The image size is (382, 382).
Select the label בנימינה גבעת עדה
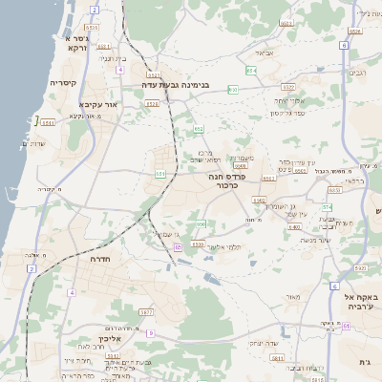[175, 85]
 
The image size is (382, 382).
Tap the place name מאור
[292, 297]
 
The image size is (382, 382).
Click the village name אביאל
[265, 53]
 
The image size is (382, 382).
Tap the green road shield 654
[251, 70]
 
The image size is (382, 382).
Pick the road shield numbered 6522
[153, 74]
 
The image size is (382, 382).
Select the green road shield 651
[159, 173]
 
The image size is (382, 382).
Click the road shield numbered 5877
[146, 312]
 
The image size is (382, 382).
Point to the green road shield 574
[328, 206]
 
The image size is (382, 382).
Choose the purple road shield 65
[178, 247]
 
